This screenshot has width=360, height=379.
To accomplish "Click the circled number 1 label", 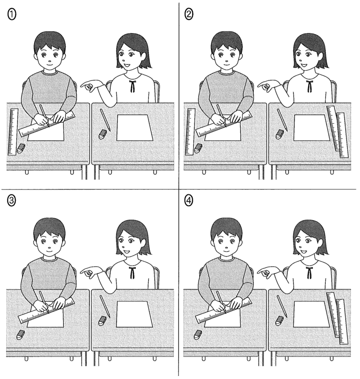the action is pyautogui.click(x=12, y=15).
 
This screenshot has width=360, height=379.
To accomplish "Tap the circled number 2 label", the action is pyautogui.click(x=189, y=15).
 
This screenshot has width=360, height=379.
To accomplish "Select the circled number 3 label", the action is pyautogui.click(x=12, y=200).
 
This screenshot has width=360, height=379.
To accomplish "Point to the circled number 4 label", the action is pyautogui.click(x=189, y=200).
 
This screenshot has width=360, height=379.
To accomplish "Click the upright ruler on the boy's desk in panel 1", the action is pyautogui.click(x=13, y=132).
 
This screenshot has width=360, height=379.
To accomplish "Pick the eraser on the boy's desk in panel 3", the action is pyautogui.click(x=21, y=334).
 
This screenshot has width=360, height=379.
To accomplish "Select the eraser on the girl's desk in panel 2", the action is pyautogui.click(x=280, y=134).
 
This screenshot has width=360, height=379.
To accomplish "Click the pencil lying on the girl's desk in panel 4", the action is pyautogui.click(x=282, y=306).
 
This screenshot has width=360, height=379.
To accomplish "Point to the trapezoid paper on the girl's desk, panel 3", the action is pyautogui.click(x=135, y=314).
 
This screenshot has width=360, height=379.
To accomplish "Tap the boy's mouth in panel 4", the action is pyautogui.click(x=226, y=251).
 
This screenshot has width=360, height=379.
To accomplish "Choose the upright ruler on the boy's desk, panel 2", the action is pyautogui.click(x=190, y=132).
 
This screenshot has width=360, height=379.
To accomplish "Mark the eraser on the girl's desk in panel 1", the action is pyautogui.click(x=103, y=134).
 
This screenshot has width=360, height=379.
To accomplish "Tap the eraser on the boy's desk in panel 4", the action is pyautogui.click(x=198, y=334).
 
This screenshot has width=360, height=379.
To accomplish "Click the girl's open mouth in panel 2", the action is pyautogui.click(x=303, y=66).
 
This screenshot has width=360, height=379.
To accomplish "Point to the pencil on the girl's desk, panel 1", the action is pyautogui.click(x=105, y=120).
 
